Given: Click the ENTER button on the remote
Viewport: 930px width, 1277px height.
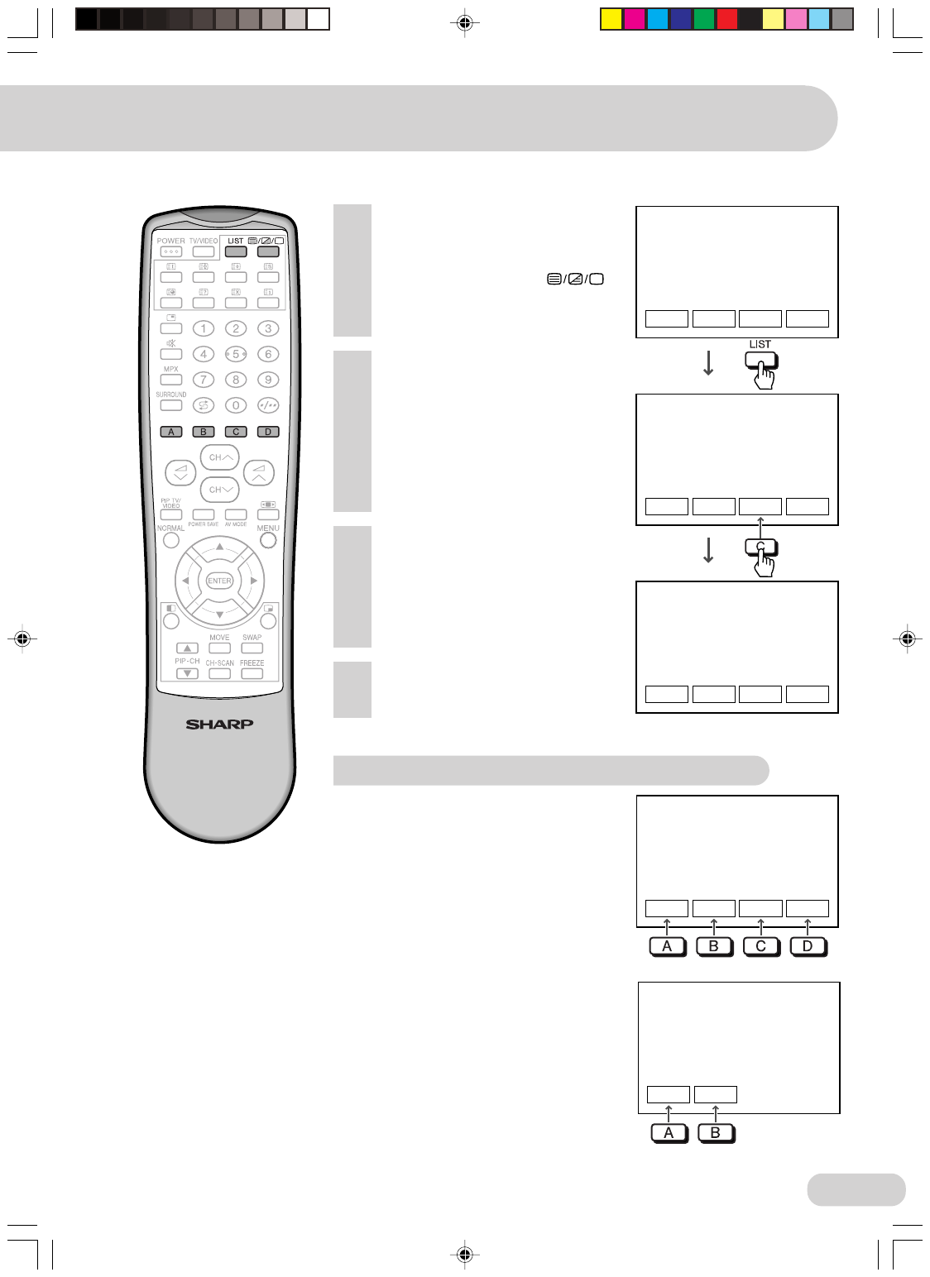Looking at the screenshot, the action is (219, 581).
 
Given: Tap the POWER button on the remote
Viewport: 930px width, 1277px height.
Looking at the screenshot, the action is (171, 251).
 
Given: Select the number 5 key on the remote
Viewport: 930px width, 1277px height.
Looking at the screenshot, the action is (236, 354).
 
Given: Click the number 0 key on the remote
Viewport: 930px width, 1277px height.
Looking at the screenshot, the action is (236, 405).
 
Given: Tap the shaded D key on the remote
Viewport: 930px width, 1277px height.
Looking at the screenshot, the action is (268, 432).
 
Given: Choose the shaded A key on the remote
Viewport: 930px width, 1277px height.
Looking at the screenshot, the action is (171, 432).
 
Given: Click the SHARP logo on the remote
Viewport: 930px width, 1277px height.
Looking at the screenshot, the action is (219, 725).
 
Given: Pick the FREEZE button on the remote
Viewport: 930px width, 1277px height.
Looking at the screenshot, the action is (252, 674).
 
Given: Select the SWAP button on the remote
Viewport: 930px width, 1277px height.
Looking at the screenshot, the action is (252, 648).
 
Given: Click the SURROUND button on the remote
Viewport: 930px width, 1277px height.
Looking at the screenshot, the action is (171, 405).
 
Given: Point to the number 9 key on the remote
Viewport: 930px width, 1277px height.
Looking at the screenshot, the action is (268, 380).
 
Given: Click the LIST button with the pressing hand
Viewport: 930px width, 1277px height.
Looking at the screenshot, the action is (760, 361).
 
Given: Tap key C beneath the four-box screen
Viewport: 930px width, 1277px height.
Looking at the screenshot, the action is (760, 946).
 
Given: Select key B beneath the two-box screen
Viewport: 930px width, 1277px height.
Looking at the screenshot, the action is (716, 1133).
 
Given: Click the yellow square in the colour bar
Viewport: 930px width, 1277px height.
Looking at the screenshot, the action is (611, 19).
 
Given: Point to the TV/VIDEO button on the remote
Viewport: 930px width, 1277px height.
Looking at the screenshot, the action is (204, 251).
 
